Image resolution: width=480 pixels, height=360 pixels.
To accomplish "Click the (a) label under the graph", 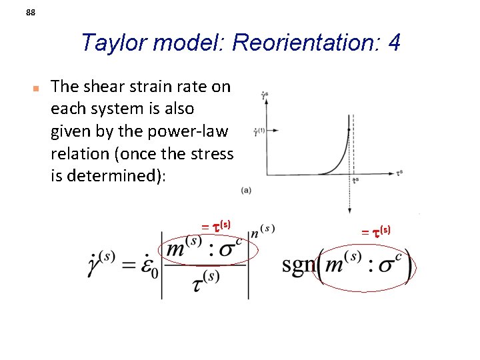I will (247, 191).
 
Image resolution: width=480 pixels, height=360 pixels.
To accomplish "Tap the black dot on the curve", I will (349, 131).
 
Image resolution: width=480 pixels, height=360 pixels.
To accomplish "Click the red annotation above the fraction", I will (216, 226).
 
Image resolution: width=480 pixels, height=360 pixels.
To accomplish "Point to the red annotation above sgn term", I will (376, 231).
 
